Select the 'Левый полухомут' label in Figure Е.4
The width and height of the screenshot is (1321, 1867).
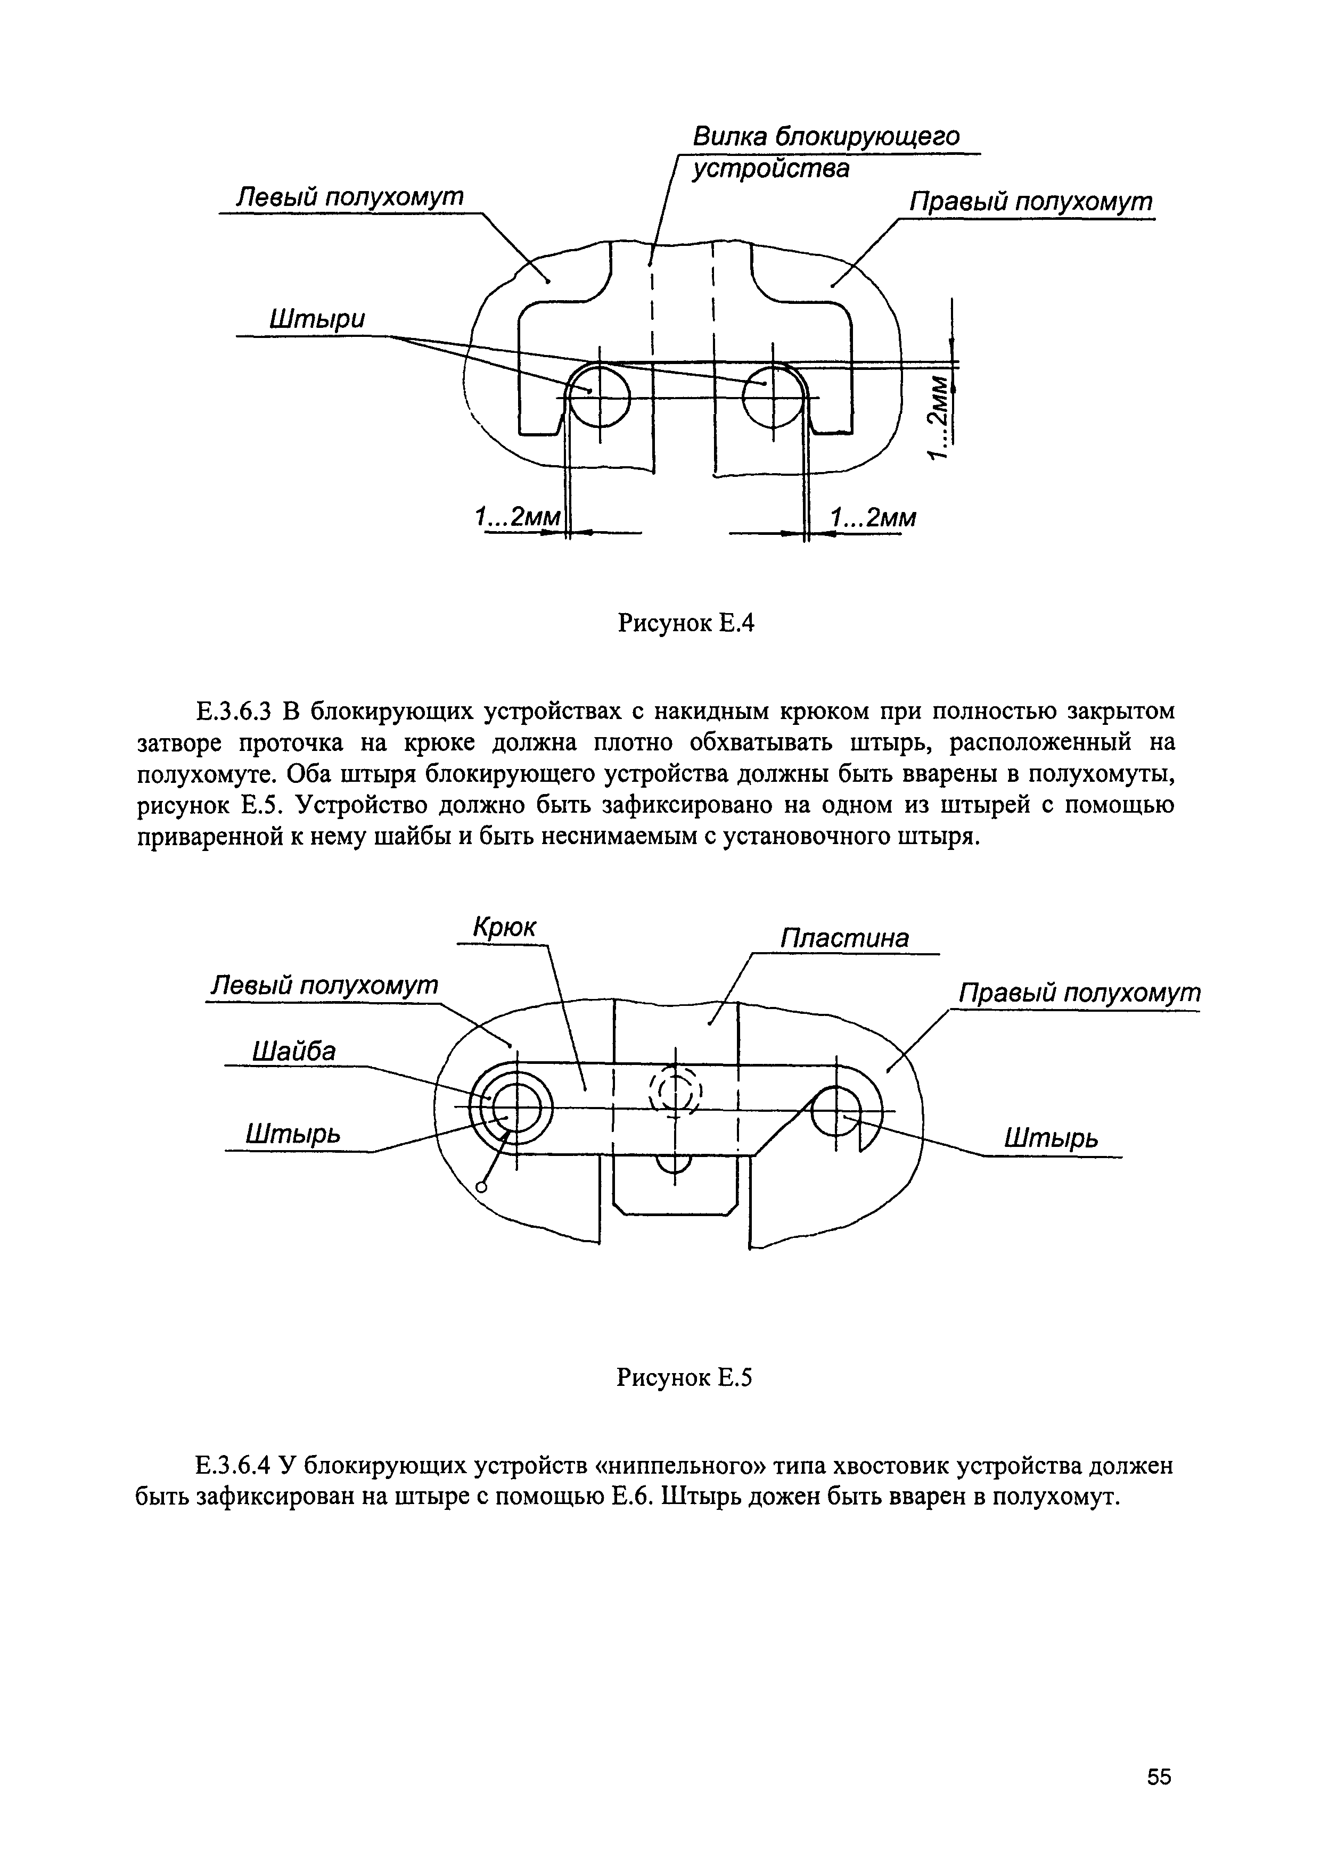coord(349,197)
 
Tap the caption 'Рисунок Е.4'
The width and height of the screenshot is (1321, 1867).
coord(687,624)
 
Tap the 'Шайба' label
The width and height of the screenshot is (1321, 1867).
coord(294,1052)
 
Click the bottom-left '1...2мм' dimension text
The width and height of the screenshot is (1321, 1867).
coord(518,517)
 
